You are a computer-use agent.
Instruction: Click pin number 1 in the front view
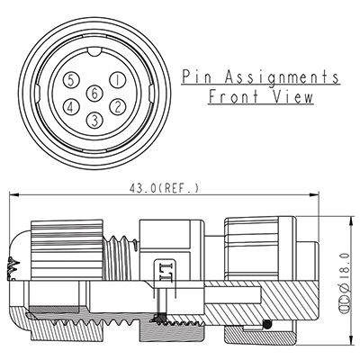pyautogui.click(x=117, y=79)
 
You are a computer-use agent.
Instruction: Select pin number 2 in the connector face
pyautogui.click(x=117, y=107)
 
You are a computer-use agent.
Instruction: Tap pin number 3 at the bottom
pyautogui.click(x=94, y=121)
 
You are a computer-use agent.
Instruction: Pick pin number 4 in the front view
pyautogui.click(x=72, y=107)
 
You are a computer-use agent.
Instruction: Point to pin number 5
pyautogui.click(x=72, y=79)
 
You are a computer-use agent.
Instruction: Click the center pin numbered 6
pyautogui.click(x=94, y=94)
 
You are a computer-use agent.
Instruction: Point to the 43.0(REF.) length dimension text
pyautogui.click(x=165, y=187)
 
